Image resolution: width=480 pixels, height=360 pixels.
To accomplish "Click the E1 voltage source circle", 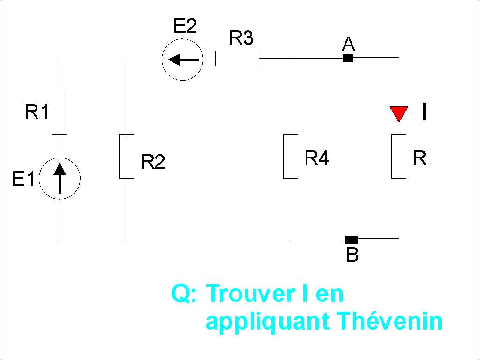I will click(x=60, y=179).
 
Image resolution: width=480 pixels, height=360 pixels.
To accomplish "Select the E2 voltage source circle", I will click(x=182, y=59).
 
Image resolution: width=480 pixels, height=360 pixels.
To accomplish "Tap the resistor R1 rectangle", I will click(x=60, y=112).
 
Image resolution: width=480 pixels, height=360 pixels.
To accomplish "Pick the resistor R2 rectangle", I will click(x=127, y=156).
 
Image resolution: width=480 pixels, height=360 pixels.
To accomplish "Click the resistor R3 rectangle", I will click(x=237, y=59).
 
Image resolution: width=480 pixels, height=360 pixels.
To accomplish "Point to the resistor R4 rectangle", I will click(x=291, y=156).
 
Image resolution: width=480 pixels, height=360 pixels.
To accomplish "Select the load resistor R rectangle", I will click(x=399, y=156).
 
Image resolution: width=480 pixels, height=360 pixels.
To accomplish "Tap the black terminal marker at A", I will click(x=348, y=59).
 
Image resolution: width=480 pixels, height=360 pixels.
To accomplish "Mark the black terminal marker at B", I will click(x=352, y=240).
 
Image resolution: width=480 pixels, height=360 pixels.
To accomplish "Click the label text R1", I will click(x=37, y=112).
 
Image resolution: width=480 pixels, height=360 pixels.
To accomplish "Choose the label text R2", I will click(x=153, y=162).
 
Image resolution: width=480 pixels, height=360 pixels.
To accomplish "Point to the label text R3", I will click(x=241, y=38).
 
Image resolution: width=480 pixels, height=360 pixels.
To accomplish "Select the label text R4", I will click(x=316, y=158).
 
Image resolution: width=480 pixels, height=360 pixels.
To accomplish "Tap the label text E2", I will click(x=185, y=26).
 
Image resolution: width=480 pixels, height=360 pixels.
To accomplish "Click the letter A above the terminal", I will click(x=348, y=45).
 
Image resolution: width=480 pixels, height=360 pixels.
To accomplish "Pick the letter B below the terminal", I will click(x=352, y=255).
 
